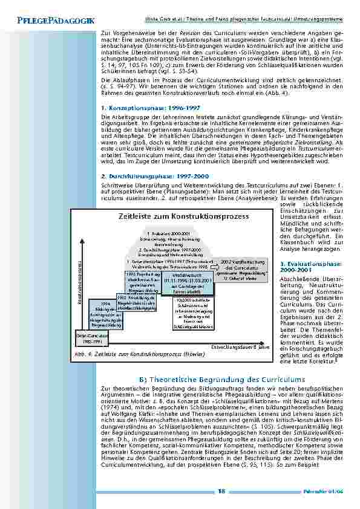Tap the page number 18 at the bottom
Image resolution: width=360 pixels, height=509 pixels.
point(223,491)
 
